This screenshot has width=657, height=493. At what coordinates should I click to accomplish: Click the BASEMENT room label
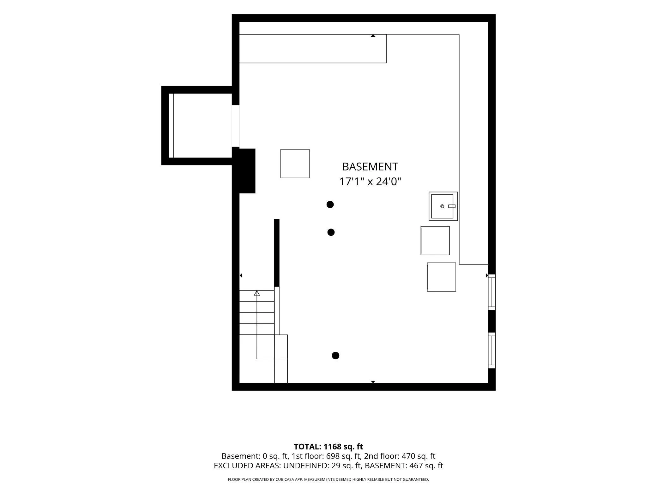point(370,167)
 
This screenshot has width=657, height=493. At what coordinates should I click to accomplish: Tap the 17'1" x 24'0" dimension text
point(370,182)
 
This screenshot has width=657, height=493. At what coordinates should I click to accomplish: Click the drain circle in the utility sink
point(442,206)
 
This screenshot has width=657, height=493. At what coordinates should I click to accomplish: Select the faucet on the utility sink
point(452,206)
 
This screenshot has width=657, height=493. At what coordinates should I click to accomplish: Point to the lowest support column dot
point(335,356)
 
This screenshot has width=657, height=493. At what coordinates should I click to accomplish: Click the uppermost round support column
point(330,204)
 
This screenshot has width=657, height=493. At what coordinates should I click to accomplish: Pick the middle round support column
point(331,232)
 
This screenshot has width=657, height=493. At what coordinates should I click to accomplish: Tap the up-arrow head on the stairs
point(257,293)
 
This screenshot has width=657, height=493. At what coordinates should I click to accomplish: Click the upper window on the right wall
point(492,292)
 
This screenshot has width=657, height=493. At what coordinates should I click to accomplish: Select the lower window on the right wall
point(492,350)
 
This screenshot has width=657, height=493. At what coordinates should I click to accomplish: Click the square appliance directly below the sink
point(435,240)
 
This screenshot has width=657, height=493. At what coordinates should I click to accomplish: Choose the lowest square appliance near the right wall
point(441,277)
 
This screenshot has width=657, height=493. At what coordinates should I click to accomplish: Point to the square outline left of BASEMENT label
point(295,164)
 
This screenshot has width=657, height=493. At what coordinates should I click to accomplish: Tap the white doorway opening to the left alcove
point(236,126)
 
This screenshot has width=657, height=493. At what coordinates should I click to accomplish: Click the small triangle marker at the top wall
point(373,36)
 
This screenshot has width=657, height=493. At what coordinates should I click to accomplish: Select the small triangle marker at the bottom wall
point(373,382)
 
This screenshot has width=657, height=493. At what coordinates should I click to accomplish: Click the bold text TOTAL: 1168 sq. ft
point(328,447)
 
